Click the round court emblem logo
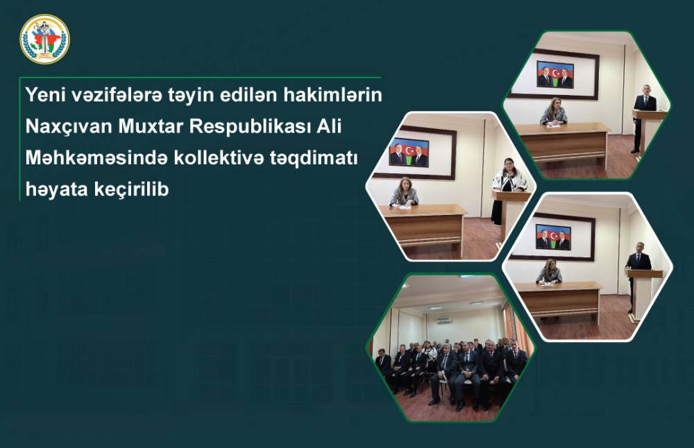coord(44,39)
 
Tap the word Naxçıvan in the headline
coord(69,127)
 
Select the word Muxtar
coord(151,126)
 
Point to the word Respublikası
coord(250,127)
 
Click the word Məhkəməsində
coord(96,158)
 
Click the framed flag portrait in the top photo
coord(555,74)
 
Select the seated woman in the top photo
coord(554,111)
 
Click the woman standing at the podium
coord(508,189)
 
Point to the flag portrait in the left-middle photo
coord(409,153)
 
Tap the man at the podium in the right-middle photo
coord(637,273)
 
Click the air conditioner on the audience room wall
coord(446,319)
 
